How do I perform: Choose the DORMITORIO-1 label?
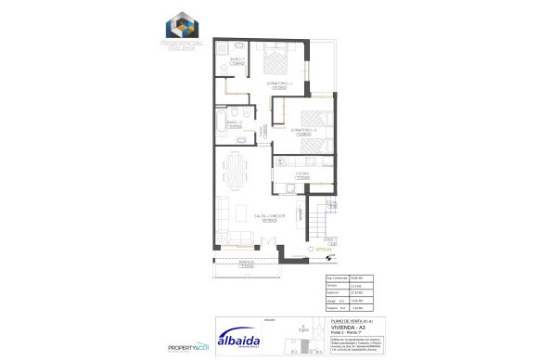click(280, 84)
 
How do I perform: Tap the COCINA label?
click(303, 174)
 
